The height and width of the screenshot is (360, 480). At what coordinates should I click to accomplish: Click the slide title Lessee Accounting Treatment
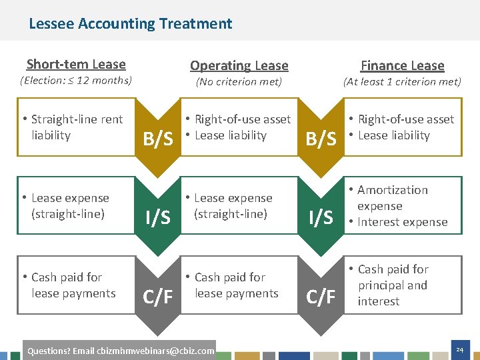(x=131, y=24)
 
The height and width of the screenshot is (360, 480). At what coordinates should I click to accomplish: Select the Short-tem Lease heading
(x=76, y=64)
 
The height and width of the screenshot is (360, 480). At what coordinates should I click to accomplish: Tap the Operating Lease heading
(x=239, y=65)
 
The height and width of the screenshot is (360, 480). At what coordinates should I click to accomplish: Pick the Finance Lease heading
(x=402, y=65)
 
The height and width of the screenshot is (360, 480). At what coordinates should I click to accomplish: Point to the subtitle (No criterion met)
(x=238, y=82)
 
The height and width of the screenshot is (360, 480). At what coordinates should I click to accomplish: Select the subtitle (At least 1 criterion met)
(x=402, y=82)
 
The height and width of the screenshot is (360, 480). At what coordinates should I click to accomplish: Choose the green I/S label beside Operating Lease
(x=158, y=217)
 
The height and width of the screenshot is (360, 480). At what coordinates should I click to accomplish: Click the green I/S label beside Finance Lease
(x=321, y=217)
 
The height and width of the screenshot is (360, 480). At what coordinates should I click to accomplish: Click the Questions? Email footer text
(x=119, y=351)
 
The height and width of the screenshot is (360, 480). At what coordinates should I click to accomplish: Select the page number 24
(x=459, y=349)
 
